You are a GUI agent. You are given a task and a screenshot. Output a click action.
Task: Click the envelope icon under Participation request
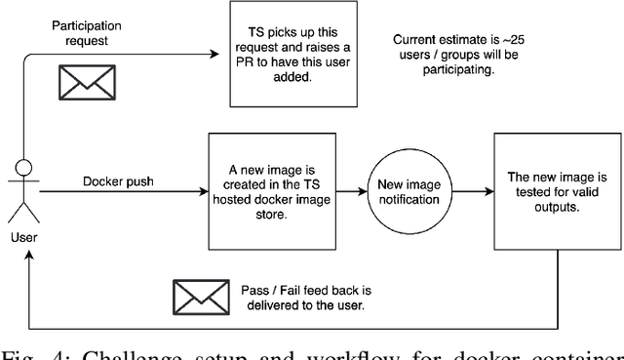coord(79,83)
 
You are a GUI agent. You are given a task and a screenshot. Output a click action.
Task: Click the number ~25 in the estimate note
coord(552,39)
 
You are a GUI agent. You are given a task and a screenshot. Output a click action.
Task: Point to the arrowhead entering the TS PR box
coord(223,53)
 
